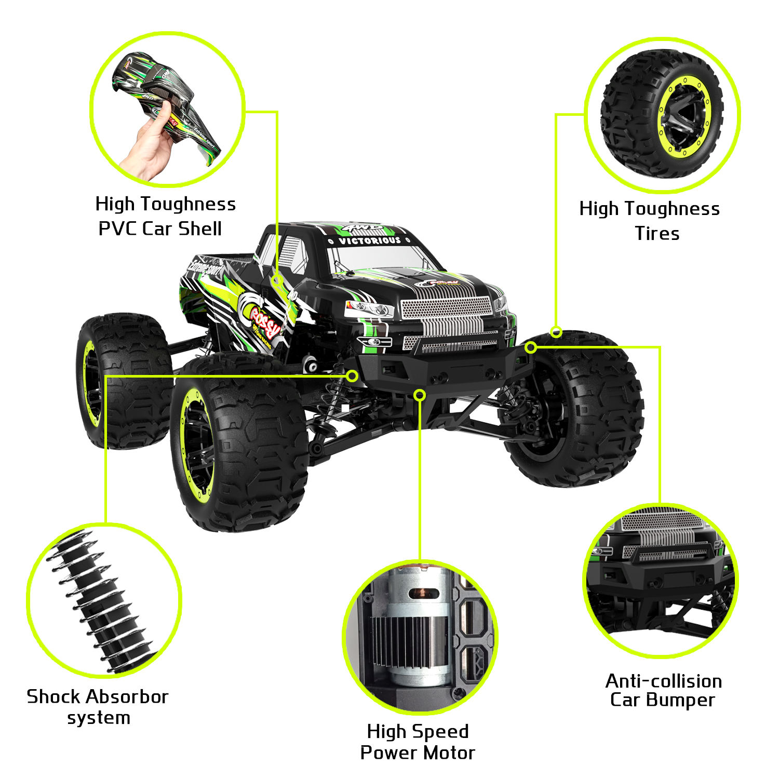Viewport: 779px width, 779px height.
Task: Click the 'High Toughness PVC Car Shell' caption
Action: click(165, 216)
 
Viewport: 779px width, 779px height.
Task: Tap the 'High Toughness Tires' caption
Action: click(650, 221)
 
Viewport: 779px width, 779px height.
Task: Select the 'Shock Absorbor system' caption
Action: click(98, 707)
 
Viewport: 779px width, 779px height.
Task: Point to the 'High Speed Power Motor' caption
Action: click(418, 742)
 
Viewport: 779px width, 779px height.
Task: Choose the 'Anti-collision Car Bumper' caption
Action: click(663, 690)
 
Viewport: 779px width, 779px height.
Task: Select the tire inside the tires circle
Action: click(662, 114)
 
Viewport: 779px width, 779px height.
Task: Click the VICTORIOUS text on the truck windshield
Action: click(370, 240)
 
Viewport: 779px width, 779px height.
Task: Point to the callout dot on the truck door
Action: click(278, 280)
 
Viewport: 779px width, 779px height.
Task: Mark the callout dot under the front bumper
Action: click(420, 395)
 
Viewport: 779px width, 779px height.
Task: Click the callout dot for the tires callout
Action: click(556, 332)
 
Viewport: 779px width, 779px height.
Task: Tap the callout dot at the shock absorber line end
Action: click(352, 375)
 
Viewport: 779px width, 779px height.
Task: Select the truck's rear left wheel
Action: click(122, 379)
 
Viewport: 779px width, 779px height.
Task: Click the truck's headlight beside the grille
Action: click(370, 310)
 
